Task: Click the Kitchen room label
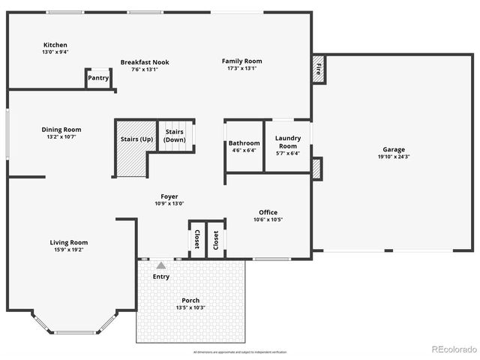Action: (x=55, y=45)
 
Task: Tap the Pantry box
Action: (x=98, y=78)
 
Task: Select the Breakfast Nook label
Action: (x=145, y=62)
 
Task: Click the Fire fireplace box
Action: (x=318, y=70)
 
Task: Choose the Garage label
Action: (x=394, y=149)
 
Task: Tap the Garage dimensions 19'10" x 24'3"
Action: (x=394, y=157)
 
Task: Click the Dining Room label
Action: (x=61, y=130)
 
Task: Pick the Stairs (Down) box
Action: (x=175, y=136)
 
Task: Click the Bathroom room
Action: (x=244, y=146)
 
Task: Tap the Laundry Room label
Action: (x=288, y=142)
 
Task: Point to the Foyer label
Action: (x=169, y=196)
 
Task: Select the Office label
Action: (x=268, y=212)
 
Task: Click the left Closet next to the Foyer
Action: (x=196, y=239)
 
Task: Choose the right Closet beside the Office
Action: (x=216, y=239)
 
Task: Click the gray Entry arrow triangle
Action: (x=160, y=265)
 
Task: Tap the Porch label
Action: (x=190, y=301)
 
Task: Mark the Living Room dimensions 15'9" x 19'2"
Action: (x=69, y=250)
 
